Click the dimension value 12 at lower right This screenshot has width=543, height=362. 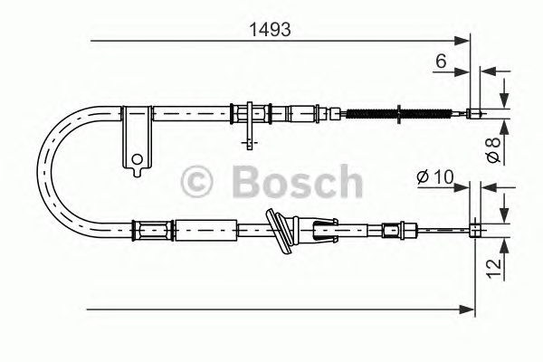[x=491, y=266]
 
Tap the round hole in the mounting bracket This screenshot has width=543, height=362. [x=137, y=163]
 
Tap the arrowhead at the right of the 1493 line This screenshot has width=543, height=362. [x=466, y=40]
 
